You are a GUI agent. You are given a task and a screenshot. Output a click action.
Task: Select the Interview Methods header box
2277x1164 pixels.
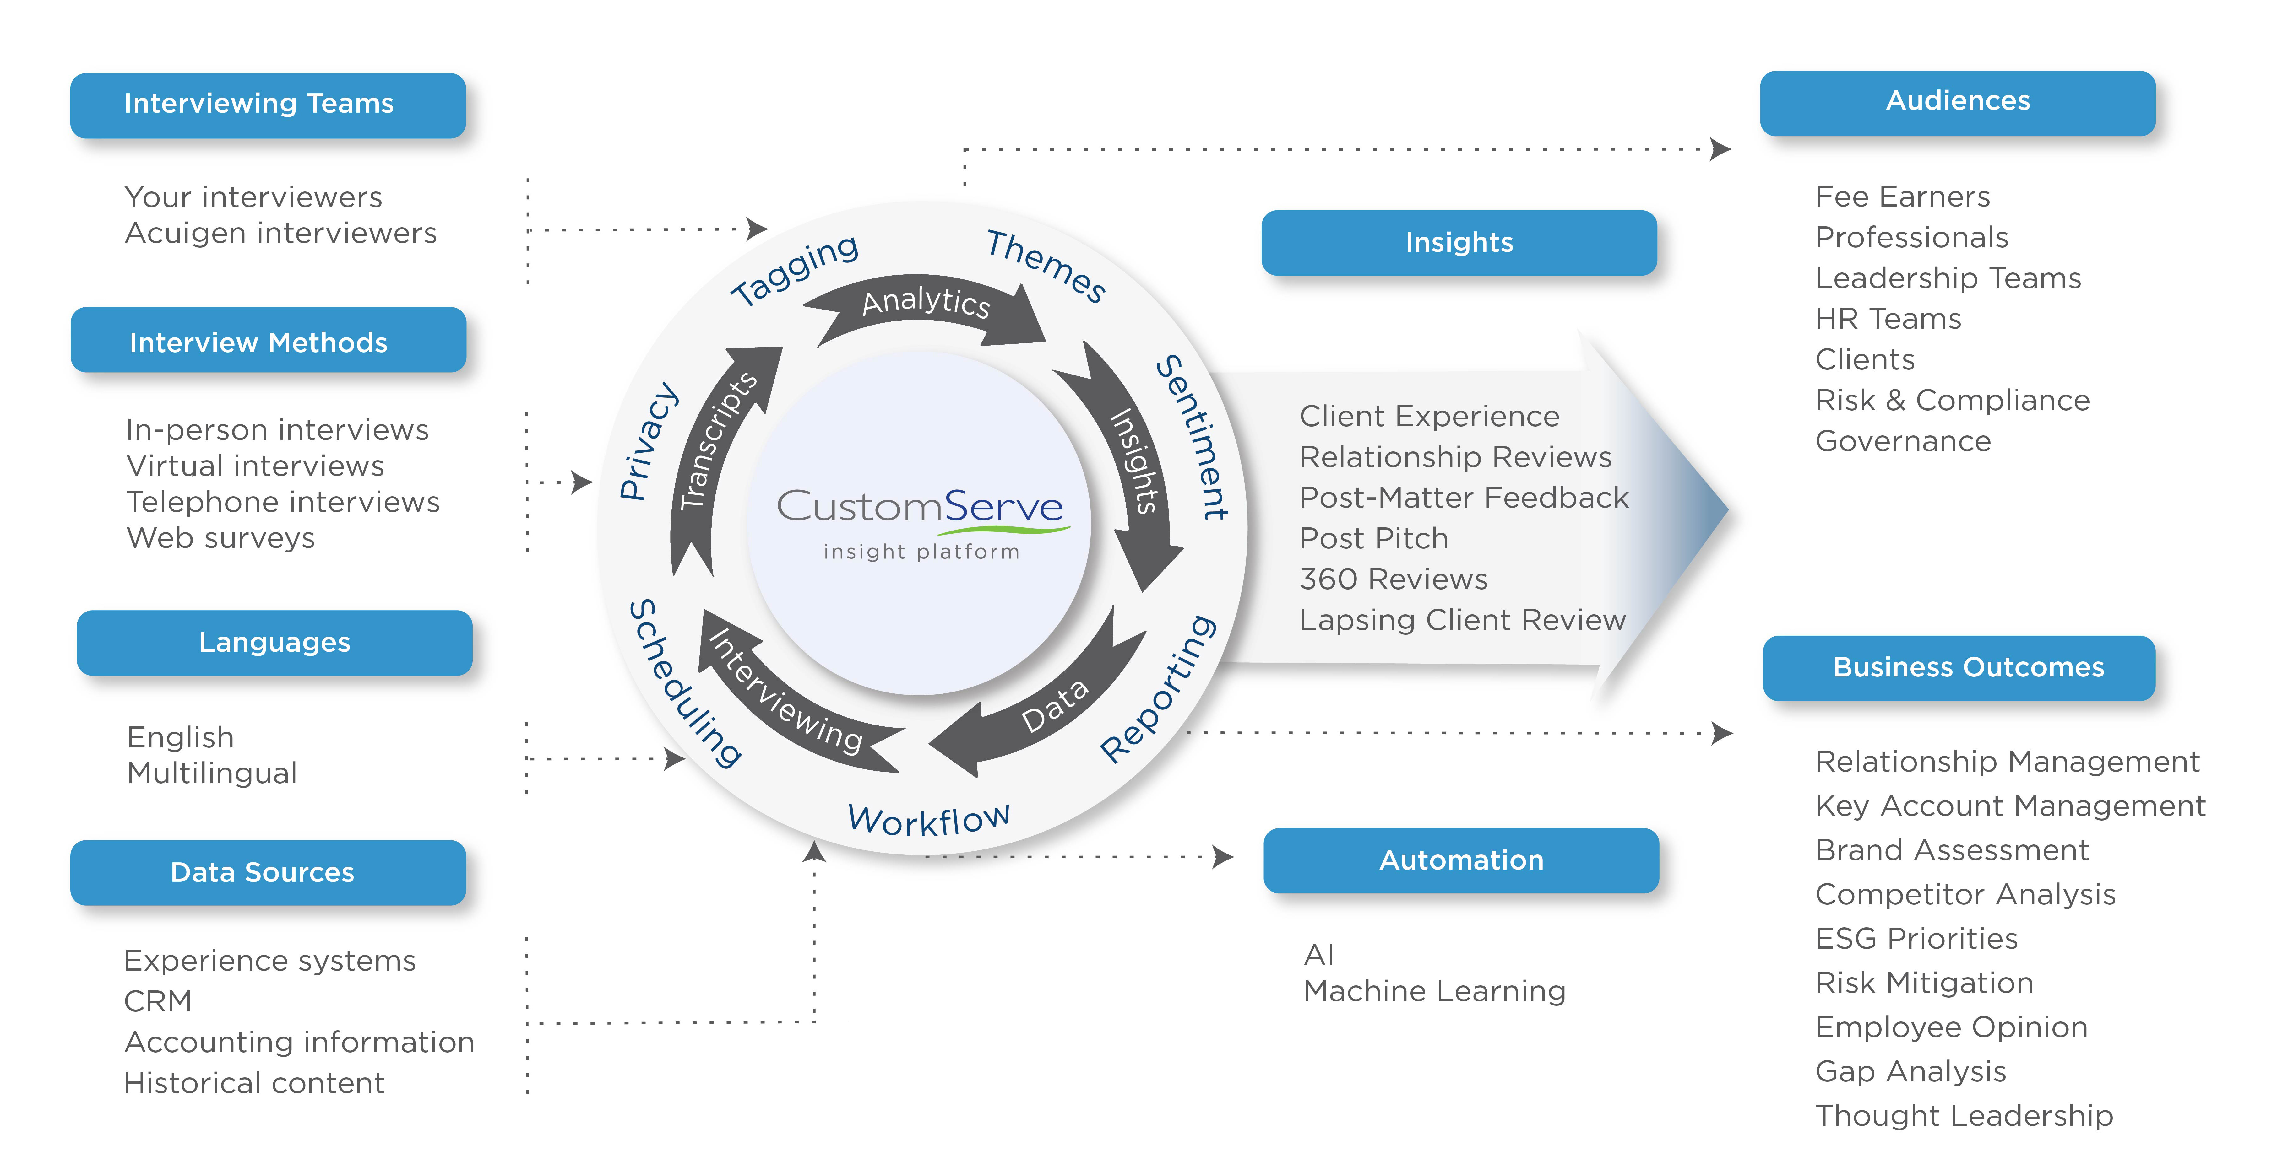click(x=268, y=340)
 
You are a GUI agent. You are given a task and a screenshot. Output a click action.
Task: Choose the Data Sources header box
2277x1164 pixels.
click(x=268, y=872)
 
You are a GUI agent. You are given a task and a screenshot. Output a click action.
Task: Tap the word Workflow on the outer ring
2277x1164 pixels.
click(x=928, y=819)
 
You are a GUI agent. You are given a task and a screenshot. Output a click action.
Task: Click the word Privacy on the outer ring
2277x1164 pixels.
click(x=648, y=442)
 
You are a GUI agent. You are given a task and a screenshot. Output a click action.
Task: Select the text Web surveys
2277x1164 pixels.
click(x=221, y=537)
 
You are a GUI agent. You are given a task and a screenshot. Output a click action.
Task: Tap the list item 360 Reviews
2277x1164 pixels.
click(x=1393, y=579)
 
